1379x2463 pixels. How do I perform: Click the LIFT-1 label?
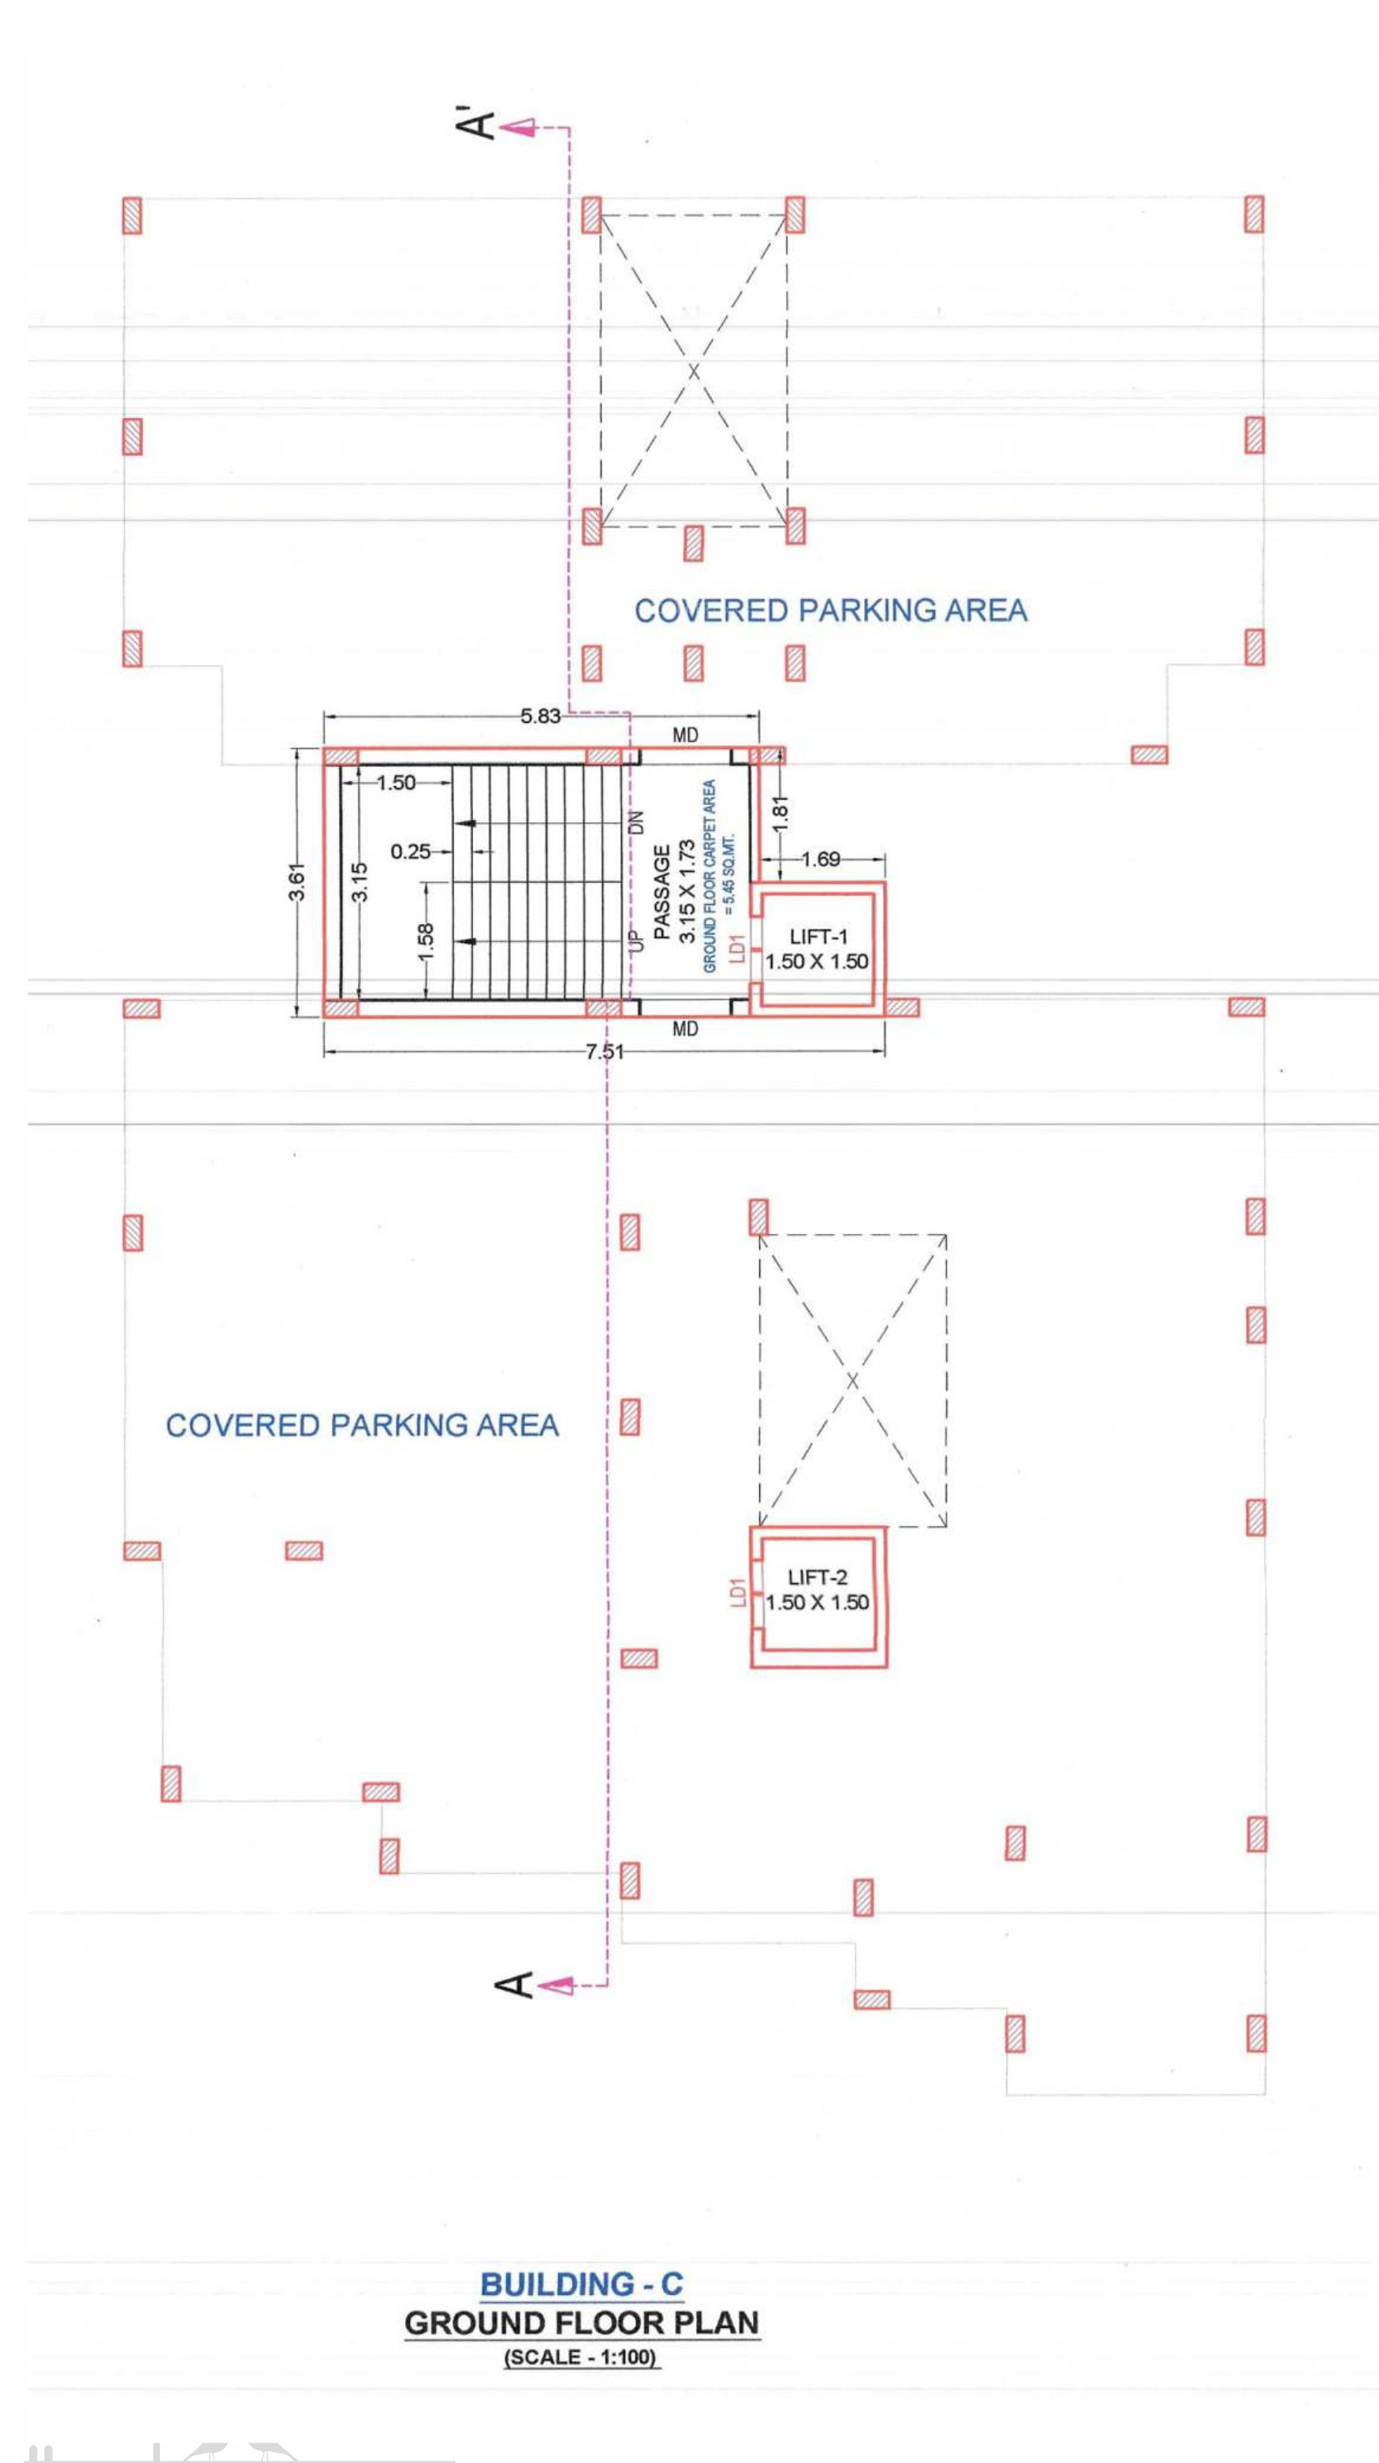[x=818, y=937]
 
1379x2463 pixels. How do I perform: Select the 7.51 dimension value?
[x=605, y=1052]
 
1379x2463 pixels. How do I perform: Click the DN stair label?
[x=638, y=823]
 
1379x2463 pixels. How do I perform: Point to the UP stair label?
[x=638, y=939]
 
